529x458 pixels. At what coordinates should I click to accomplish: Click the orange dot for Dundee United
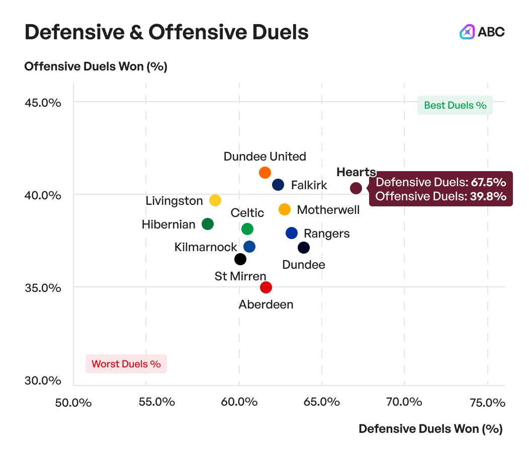[x=265, y=173]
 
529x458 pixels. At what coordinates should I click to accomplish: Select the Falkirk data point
[x=278, y=185]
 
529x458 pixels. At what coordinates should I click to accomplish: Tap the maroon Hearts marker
[x=356, y=188]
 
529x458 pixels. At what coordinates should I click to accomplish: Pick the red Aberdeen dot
[x=266, y=287]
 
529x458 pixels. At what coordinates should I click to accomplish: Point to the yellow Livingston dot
[x=215, y=200]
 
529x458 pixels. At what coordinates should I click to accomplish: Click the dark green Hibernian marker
[x=208, y=224]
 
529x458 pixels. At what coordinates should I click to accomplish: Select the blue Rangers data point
[x=292, y=233]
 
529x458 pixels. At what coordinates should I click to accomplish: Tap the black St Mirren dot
[x=240, y=259]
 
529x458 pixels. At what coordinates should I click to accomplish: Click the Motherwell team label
[x=328, y=209]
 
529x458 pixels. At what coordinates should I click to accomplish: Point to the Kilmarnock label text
[x=206, y=247]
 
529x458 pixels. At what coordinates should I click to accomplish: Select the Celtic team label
[x=247, y=213]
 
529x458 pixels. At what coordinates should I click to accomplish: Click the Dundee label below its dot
[x=304, y=265]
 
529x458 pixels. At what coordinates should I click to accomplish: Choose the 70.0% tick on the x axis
[x=404, y=402]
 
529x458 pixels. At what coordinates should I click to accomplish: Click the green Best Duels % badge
[x=455, y=105]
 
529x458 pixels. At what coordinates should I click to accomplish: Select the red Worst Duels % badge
[x=126, y=363]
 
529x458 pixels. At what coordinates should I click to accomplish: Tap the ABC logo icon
[x=468, y=32]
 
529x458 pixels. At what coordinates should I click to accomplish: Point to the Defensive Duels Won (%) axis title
[x=430, y=429]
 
